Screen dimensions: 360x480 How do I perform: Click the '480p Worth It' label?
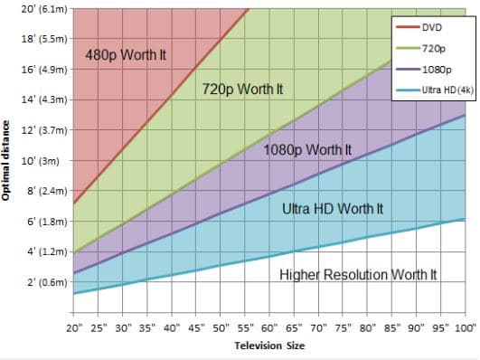tap(126, 55)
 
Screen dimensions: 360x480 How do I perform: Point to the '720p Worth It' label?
tap(243, 90)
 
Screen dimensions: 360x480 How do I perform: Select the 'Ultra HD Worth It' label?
tap(333, 209)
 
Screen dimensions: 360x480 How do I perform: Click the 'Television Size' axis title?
tap(270, 346)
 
